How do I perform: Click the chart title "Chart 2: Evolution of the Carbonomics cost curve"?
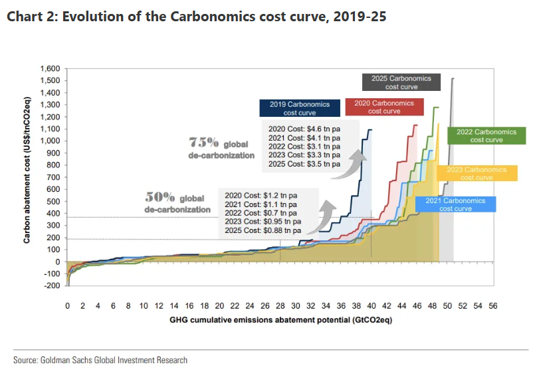click(x=196, y=17)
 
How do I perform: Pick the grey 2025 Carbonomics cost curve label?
click(x=401, y=82)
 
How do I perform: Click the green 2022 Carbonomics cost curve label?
click(x=482, y=136)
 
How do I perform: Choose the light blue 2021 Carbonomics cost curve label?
click(x=455, y=204)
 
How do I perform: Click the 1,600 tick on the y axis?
click(x=50, y=69)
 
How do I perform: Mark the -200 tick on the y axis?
click(x=53, y=286)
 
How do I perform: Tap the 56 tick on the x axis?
click(x=492, y=307)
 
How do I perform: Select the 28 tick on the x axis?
click(x=280, y=307)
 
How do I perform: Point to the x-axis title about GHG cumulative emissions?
click(x=279, y=321)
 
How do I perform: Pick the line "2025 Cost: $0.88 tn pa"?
click(x=263, y=230)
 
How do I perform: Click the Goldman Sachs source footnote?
click(x=100, y=360)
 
